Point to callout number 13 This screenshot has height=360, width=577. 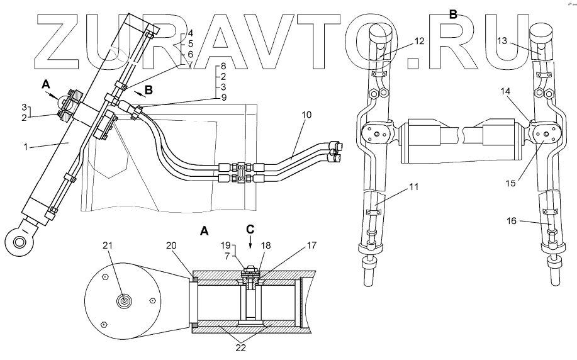503,41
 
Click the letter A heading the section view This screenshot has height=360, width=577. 204,232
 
